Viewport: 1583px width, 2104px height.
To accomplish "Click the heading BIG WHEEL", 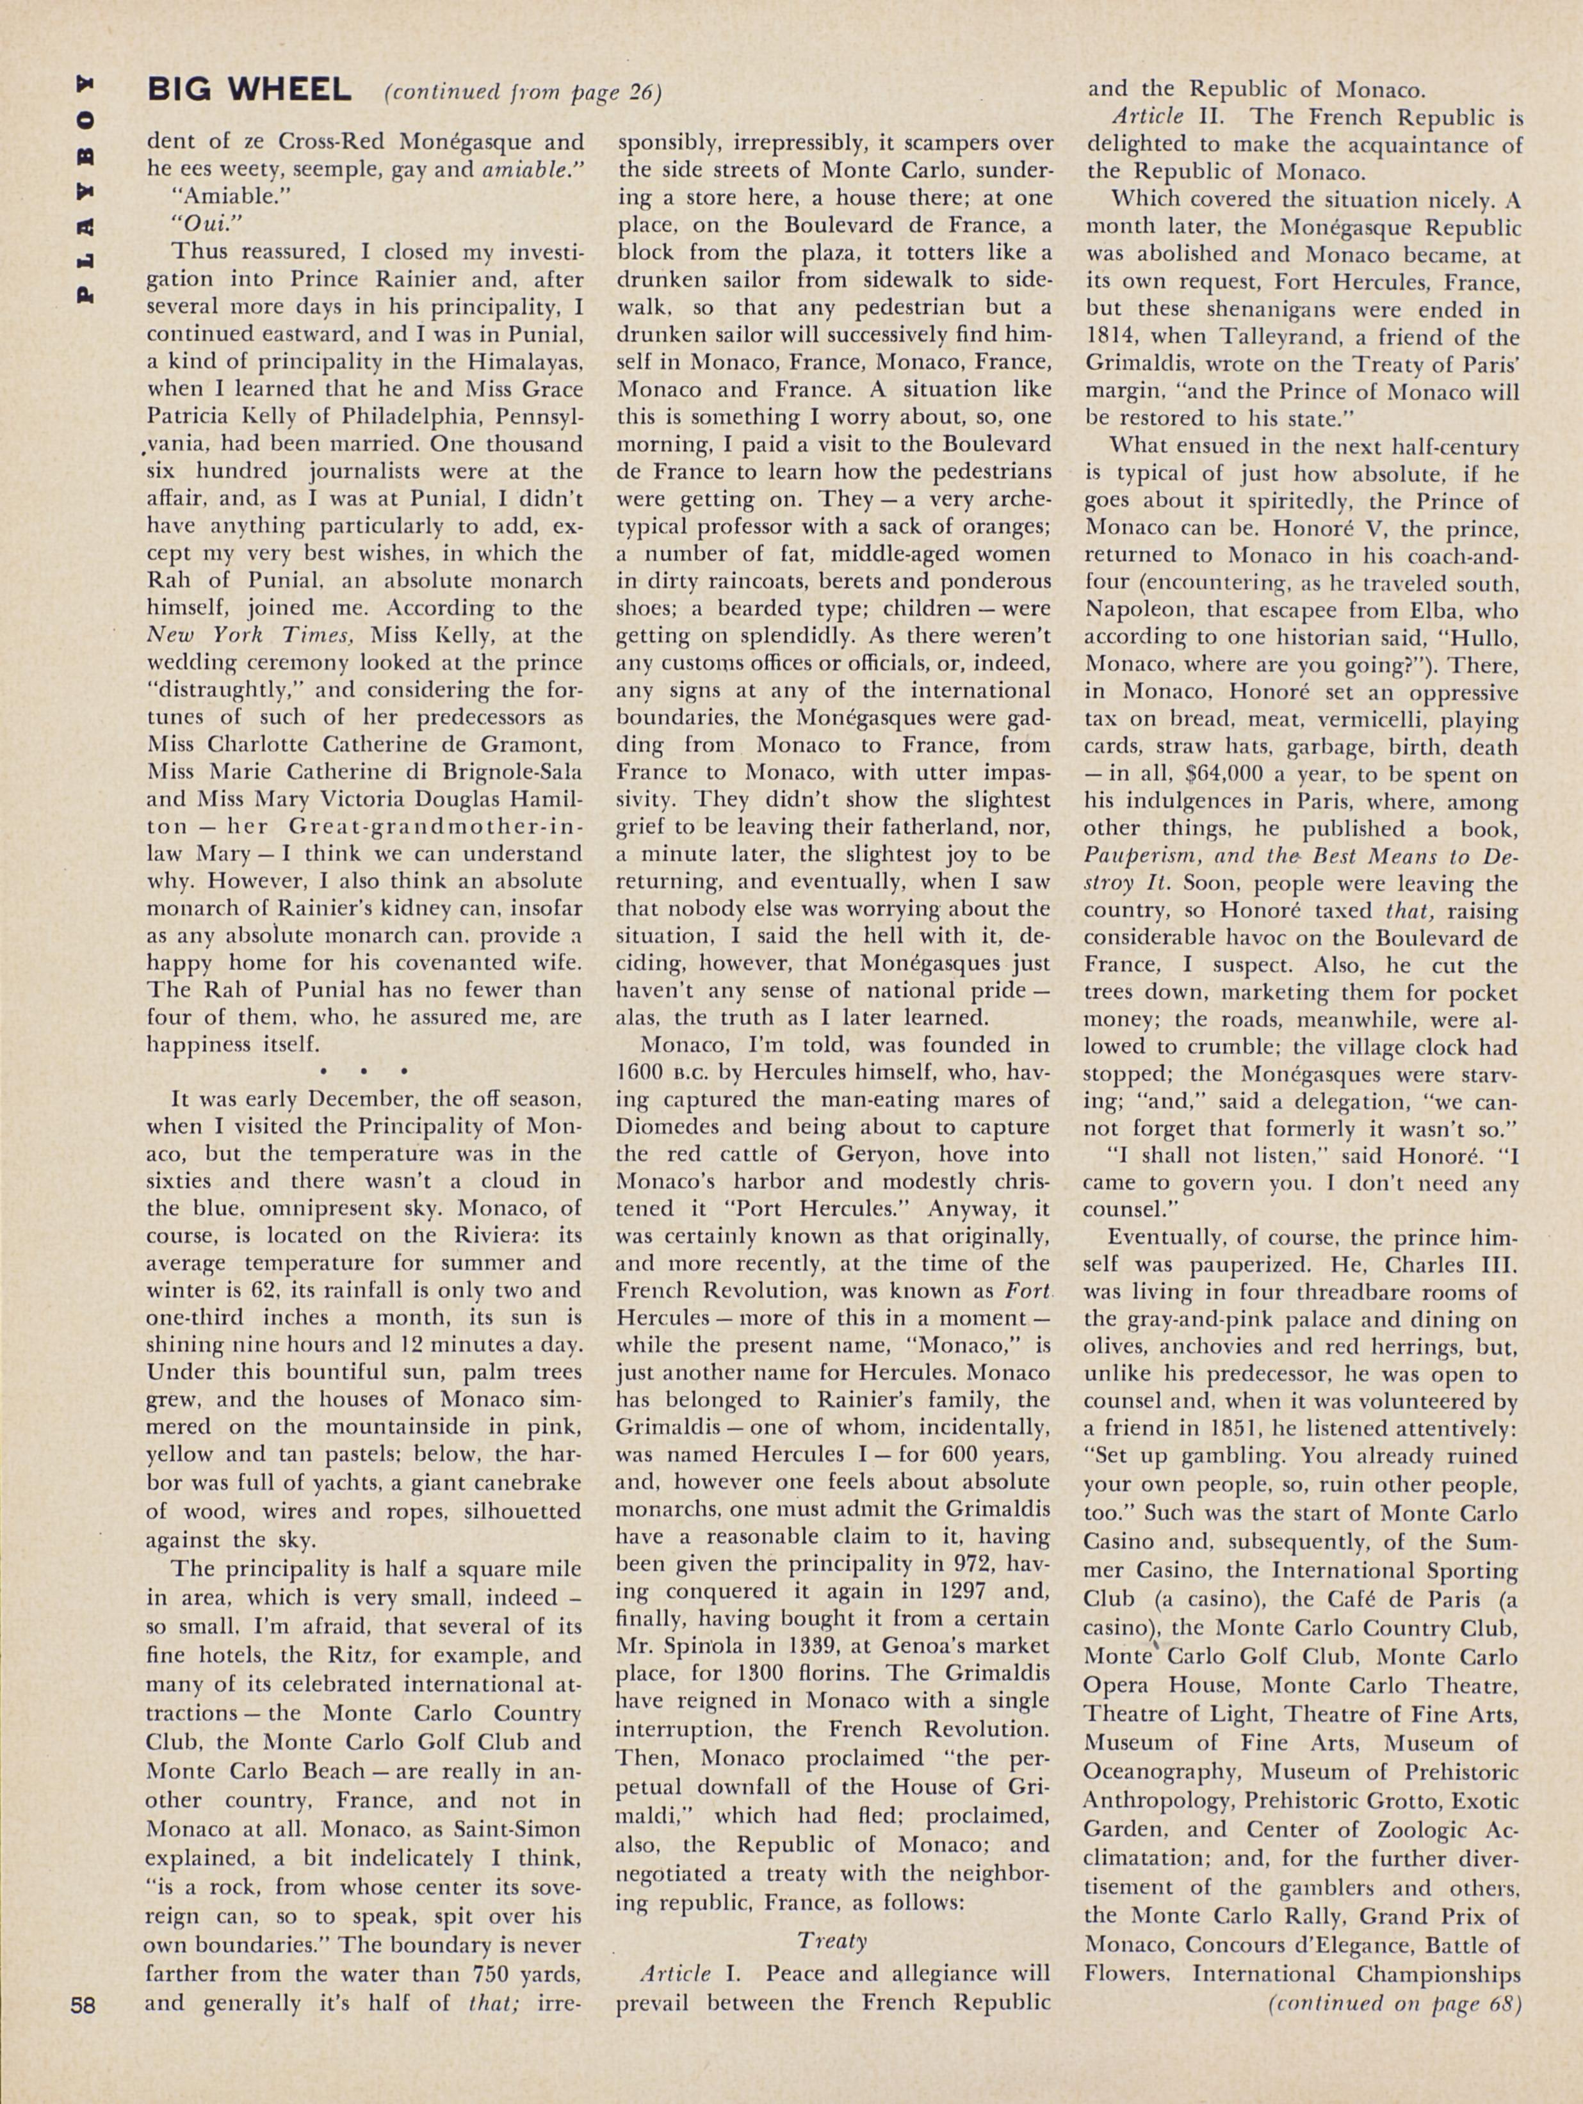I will (x=249, y=92).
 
